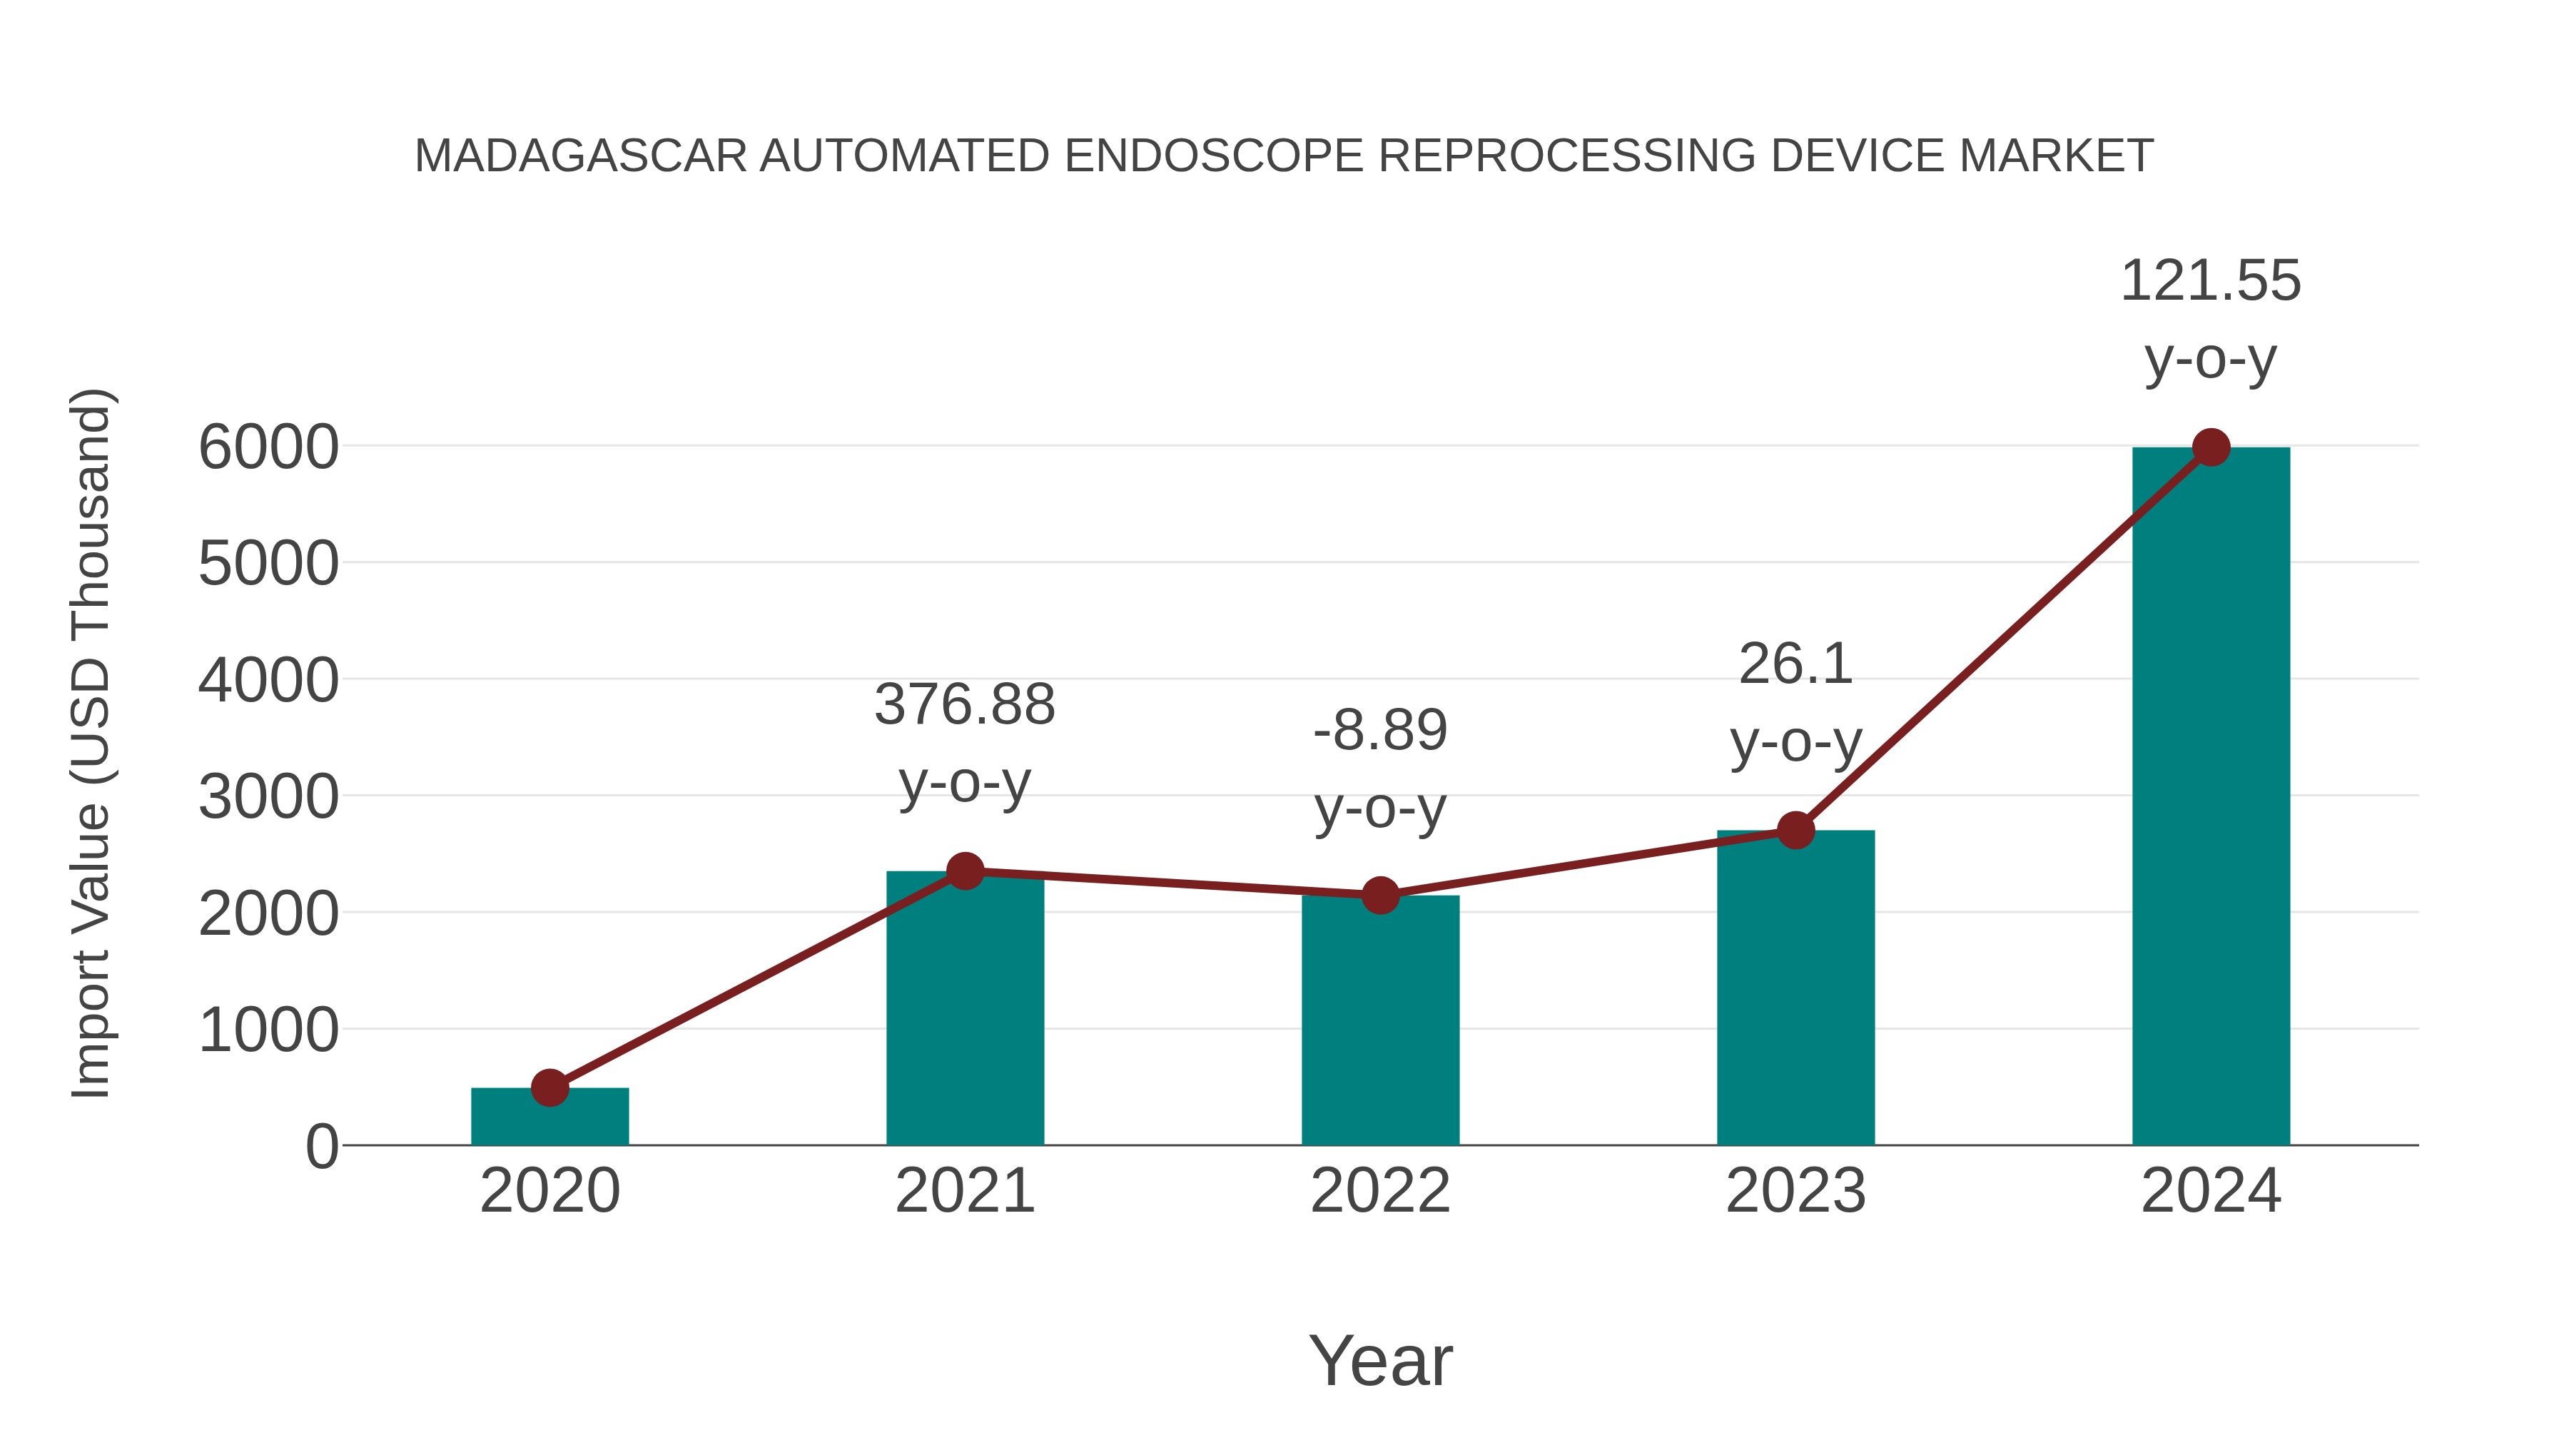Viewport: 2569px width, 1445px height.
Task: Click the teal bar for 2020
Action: [549, 1119]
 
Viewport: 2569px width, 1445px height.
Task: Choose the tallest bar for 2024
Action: [2211, 797]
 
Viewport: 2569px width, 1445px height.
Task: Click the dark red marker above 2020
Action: [549, 1088]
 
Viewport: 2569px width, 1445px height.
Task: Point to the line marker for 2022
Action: [1380, 896]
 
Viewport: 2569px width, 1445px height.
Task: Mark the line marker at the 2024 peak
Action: [2211, 447]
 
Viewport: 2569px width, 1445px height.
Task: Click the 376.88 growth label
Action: [964, 705]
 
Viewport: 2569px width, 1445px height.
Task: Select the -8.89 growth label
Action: [1380, 731]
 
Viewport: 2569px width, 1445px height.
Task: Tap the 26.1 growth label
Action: [1795, 664]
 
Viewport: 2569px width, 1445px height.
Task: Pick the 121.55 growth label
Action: [2211, 281]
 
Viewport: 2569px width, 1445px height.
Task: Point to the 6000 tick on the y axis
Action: [268, 447]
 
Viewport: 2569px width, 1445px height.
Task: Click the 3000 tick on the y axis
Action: [268, 798]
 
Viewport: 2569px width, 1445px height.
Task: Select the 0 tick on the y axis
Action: [322, 1147]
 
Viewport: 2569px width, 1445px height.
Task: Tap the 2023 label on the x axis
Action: [1795, 1192]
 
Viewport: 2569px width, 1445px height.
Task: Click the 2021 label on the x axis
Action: [964, 1192]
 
